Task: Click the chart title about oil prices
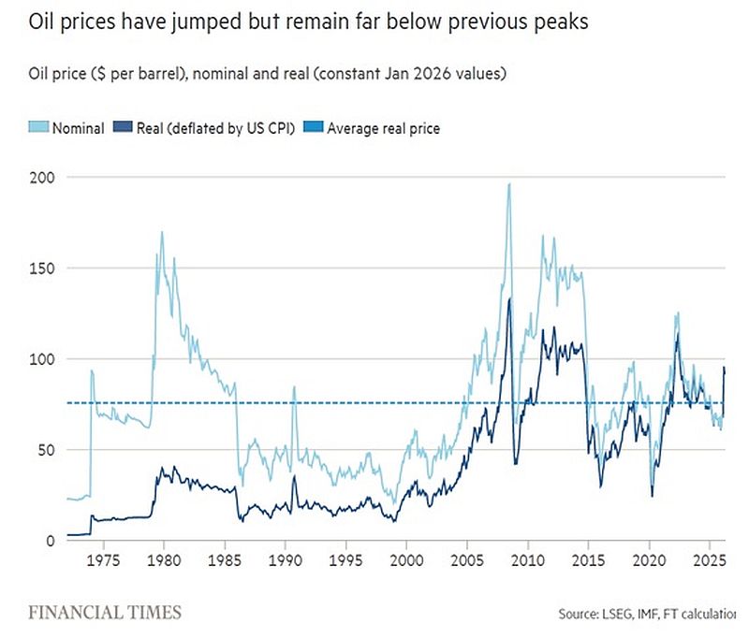pyautogui.click(x=301, y=21)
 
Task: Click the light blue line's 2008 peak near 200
pyautogui.click(x=508, y=184)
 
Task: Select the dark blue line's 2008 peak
pyautogui.click(x=509, y=298)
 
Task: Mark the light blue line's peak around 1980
pyautogui.click(x=161, y=232)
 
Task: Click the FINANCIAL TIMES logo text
pyautogui.click(x=104, y=614)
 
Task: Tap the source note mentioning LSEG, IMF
pyautogui.click(x=647, y=615)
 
